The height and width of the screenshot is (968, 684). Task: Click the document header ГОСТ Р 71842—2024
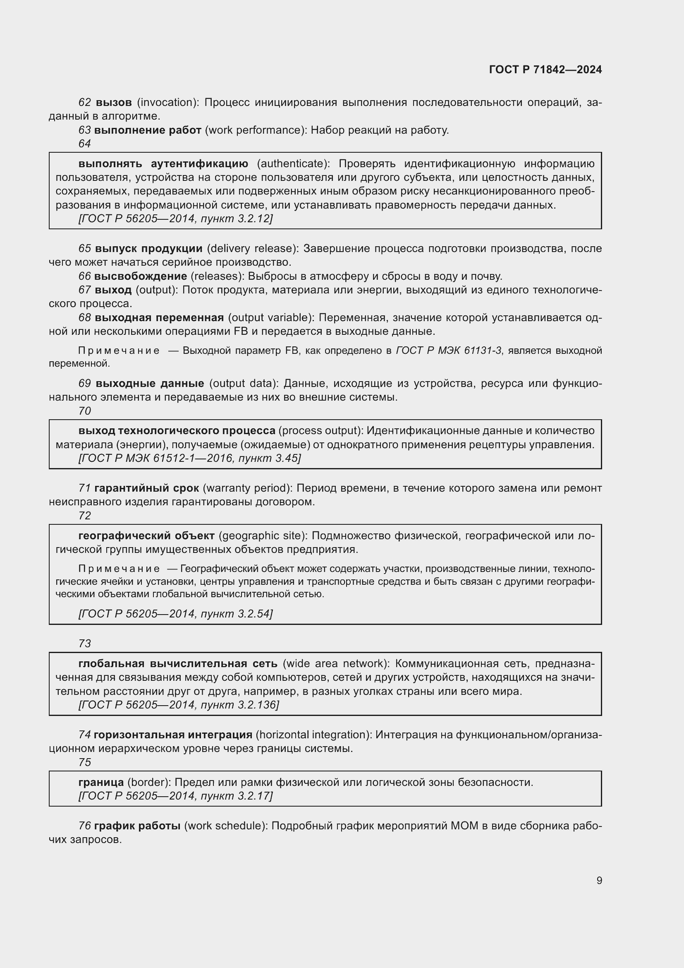coord(545,70)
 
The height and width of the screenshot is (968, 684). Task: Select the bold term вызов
coord(114,103)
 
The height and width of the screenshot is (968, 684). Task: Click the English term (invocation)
coord(168,103)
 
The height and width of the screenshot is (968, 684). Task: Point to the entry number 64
coord(85,144)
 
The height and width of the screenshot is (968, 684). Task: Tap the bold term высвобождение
coord(141,276)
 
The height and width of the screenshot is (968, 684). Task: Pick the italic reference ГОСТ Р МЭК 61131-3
coord(449,351)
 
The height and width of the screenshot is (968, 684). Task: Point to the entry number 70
coord(85,411)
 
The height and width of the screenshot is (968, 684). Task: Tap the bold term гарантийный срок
coord(146,488)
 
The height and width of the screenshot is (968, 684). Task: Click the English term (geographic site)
coord(263,536)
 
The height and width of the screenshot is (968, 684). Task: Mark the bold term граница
coord(101,783)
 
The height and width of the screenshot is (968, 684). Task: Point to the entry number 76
coord(85,826)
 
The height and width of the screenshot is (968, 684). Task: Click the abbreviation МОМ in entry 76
coord(464,826)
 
